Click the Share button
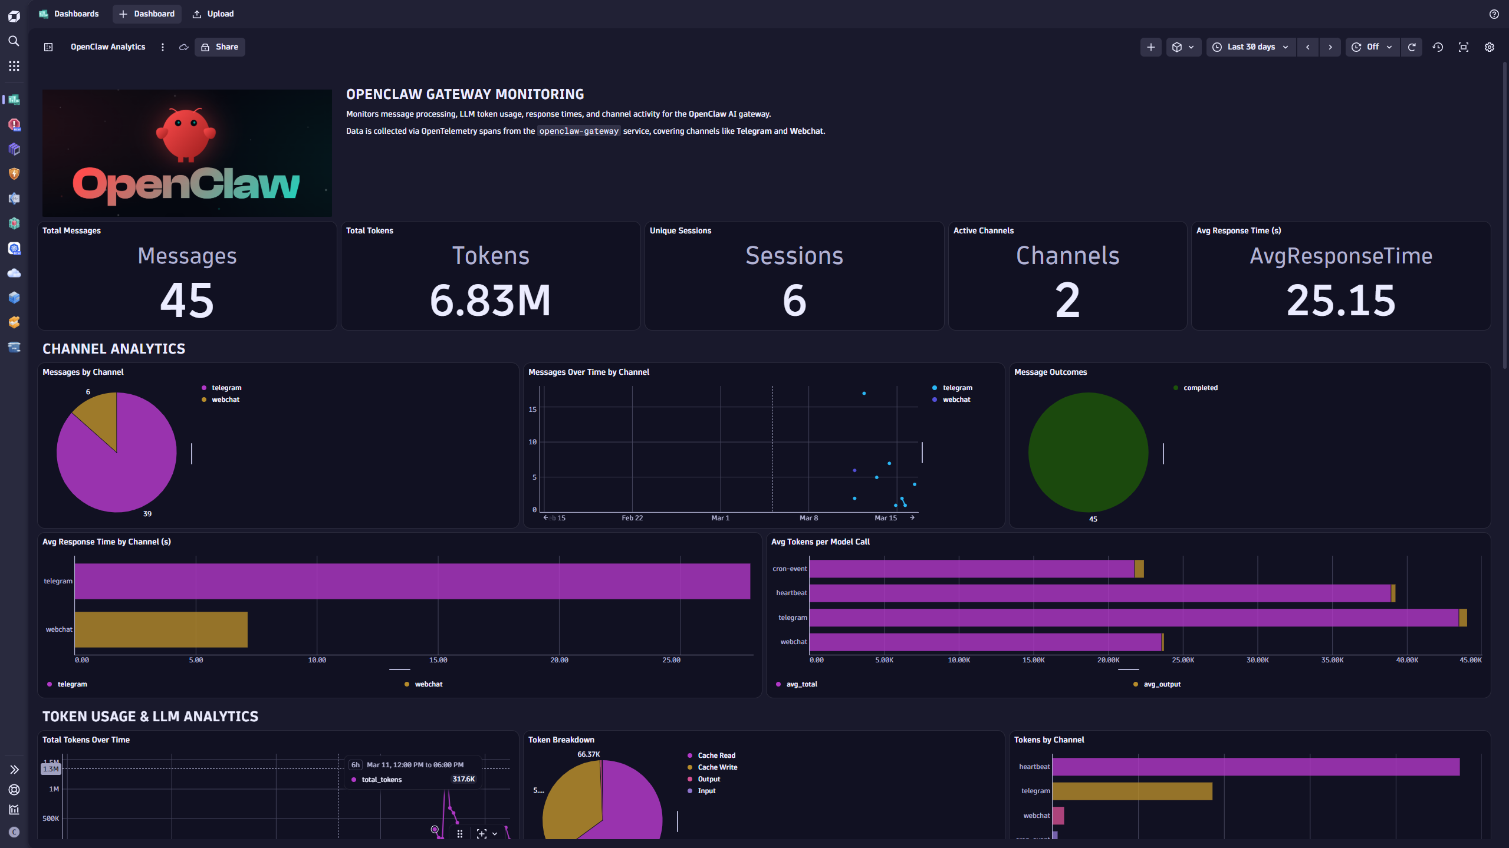[220, 47]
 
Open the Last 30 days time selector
[1251, 47]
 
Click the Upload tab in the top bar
[213, 14]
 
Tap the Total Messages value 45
[187, 301]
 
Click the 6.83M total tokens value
[490, 301]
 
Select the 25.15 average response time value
[1340, 301]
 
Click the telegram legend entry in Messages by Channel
[226, 388]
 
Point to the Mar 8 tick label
[808, 518]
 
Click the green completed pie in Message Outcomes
[1088, 453]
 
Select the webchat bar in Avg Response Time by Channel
[161, 629]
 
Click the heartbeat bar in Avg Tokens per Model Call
[1100, 593]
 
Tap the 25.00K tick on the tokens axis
[1182, 660]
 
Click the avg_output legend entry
[1162, 684]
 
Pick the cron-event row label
[790, 569]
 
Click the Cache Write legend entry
[717, 767]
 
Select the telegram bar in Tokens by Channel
[1132, 791]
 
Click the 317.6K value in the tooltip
[463, 779]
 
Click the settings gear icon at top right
[1489, 47]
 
